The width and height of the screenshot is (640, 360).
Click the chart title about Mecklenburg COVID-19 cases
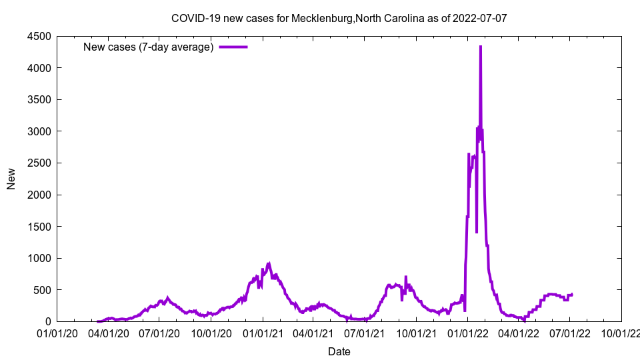(x=339, y=18)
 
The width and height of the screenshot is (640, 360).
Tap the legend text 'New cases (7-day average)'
(x=148, y=47)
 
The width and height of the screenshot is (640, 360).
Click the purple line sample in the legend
(x=233, y=47)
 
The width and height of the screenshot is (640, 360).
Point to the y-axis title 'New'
(x=11, y=179)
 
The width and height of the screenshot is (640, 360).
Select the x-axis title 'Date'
(x=339, y=351)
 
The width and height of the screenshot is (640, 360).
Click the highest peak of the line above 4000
(x=481, y=47)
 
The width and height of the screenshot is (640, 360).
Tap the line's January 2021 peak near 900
(x=269, y=263)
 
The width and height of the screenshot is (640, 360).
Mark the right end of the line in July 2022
(x=572, y=294)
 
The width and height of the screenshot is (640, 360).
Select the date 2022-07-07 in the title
(x=479, y=18)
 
